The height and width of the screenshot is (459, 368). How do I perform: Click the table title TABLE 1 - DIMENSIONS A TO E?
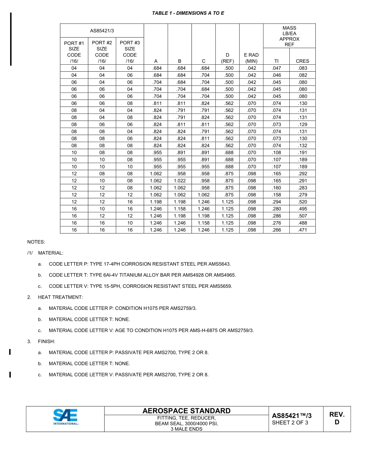(x=188, y=13)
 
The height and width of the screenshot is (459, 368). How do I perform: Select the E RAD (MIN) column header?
(x=251, y=58)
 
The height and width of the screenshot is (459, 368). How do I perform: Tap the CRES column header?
(x=302, y=61)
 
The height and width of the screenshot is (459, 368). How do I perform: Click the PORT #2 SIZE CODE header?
(x=102, y=52)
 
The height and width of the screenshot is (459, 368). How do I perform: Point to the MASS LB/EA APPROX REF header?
(x=289, y=36)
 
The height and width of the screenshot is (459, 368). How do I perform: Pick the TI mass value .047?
(x=276, y=68)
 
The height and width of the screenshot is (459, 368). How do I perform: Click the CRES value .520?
(x=302, y=202)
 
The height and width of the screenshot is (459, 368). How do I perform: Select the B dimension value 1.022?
(x=179, y=181)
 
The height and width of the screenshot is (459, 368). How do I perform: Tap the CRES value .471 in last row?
(x=302, y=230)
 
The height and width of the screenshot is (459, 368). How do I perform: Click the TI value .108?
(x=276, y=153)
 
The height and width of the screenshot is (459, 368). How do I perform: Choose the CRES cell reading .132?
(x=302, y=146)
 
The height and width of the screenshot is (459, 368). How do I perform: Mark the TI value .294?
(x=276, y=202)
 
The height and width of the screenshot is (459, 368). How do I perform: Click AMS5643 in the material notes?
(x=220, y=264)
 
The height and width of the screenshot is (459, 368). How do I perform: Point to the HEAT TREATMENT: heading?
(x=60, y=297)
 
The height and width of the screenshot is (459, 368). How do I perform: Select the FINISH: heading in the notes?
(x=46, y=342)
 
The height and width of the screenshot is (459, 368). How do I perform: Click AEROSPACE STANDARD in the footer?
(x=186, y=411)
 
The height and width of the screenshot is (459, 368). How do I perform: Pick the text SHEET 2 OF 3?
(x=290, y=423)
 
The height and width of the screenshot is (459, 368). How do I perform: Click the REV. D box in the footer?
(x=337, y=418)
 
